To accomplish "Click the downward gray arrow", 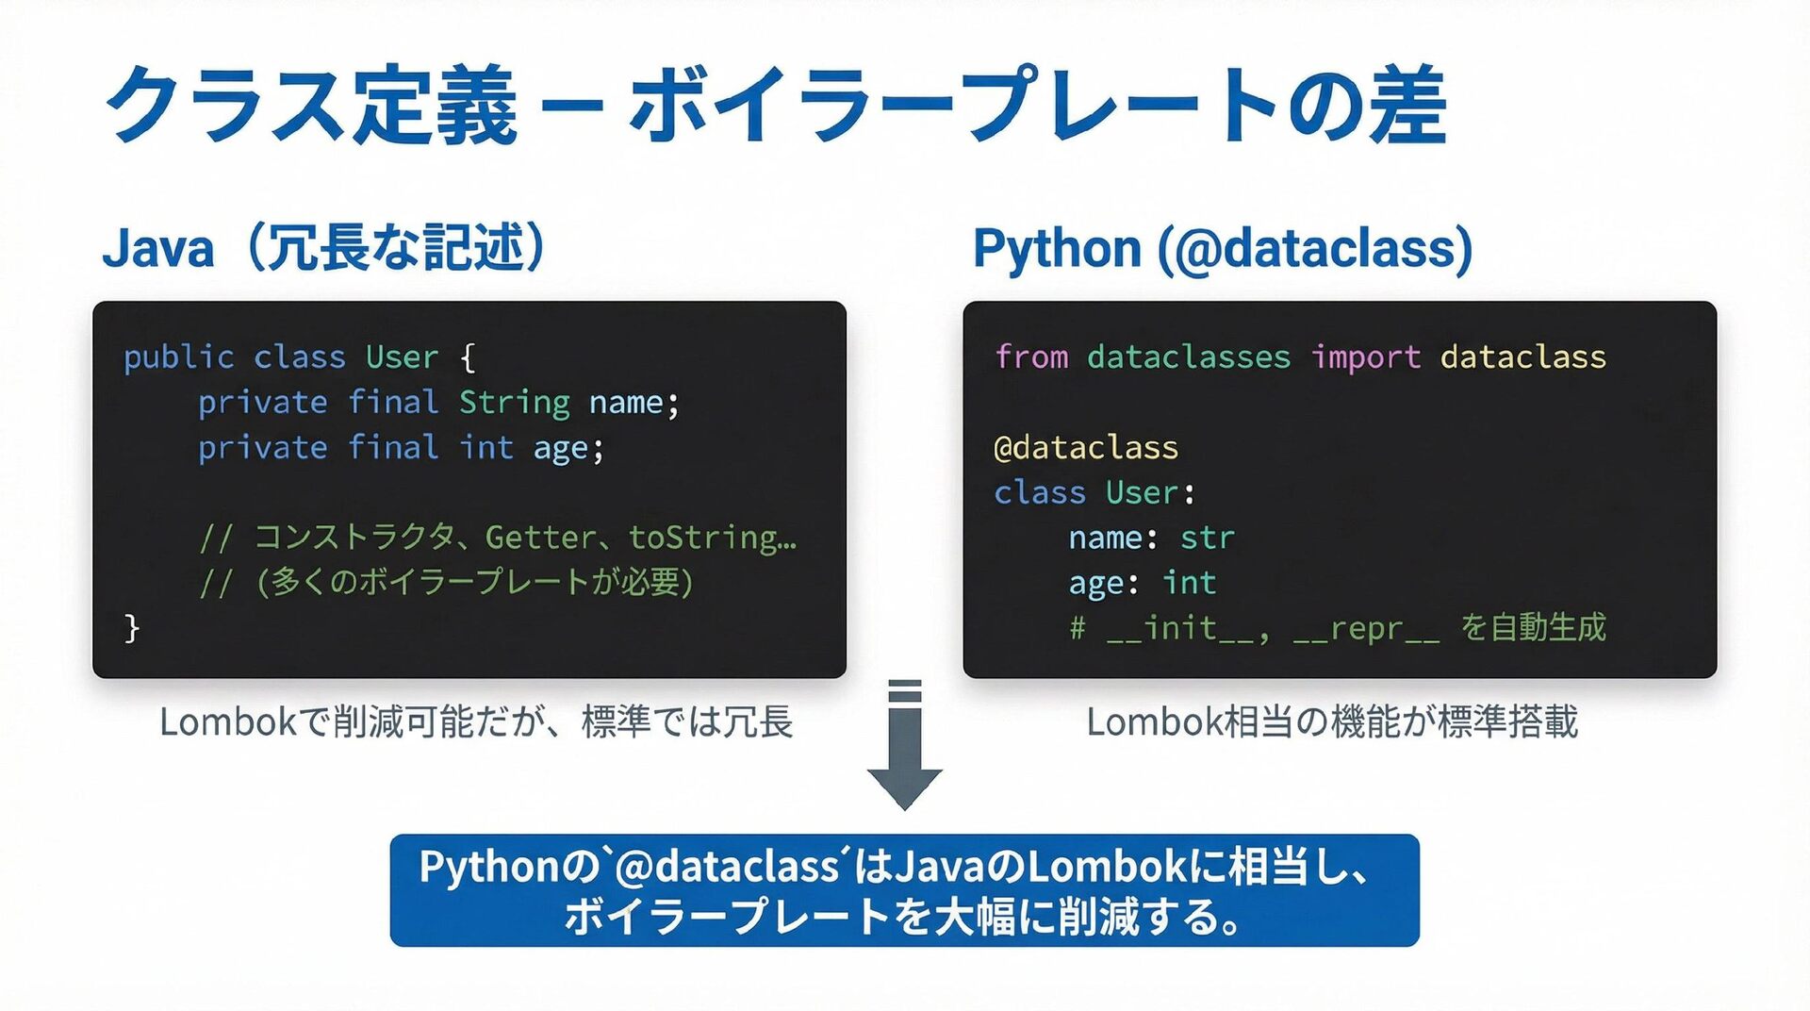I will click(904, 745).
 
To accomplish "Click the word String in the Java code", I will click(514, 403).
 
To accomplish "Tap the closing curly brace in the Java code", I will click(132, 627).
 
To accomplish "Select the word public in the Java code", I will click(178, 357).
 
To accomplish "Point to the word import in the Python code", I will click(1365, 357).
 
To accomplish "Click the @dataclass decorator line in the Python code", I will click(1086, 447).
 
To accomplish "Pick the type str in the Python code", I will click(1207, 538).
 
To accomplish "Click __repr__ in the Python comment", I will click(1366, 628).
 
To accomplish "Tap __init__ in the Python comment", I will click(1179, 628).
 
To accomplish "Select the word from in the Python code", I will click(1031, 357).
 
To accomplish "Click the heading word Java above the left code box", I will click(158, 249).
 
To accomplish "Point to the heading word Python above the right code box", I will click(1057, 249).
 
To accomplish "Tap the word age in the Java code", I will click(561, 449).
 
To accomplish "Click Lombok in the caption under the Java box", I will click(227, 722).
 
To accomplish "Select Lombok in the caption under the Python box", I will click(1154, 722).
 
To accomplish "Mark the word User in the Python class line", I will click(1142, 492).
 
